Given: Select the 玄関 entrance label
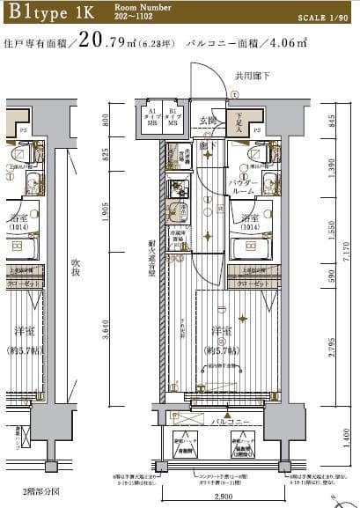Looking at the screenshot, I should (x=207, y=121).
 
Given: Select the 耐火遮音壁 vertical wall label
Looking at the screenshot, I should (x=151, y=251).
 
